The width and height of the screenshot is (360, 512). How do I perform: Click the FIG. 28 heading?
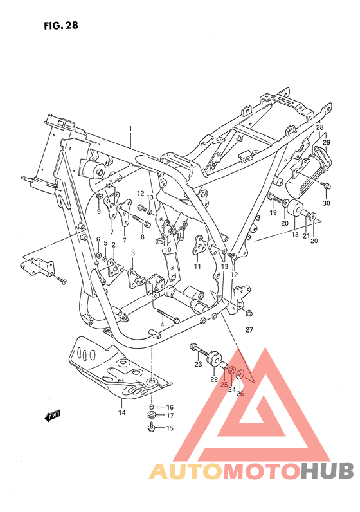click(61, 26)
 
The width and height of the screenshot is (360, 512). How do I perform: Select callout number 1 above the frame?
click(130, 129)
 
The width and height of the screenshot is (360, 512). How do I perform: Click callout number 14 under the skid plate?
click(122, 413)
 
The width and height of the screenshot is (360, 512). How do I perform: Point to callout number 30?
click(327, 203)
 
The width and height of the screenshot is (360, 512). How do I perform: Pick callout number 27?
click(249, 330)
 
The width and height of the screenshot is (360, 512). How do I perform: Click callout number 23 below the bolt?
click(199, 365)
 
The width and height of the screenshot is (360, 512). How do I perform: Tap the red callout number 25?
click(224, 385)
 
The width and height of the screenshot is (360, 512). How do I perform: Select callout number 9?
click(99, 211)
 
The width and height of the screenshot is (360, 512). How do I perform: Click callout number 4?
click(162, 325)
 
